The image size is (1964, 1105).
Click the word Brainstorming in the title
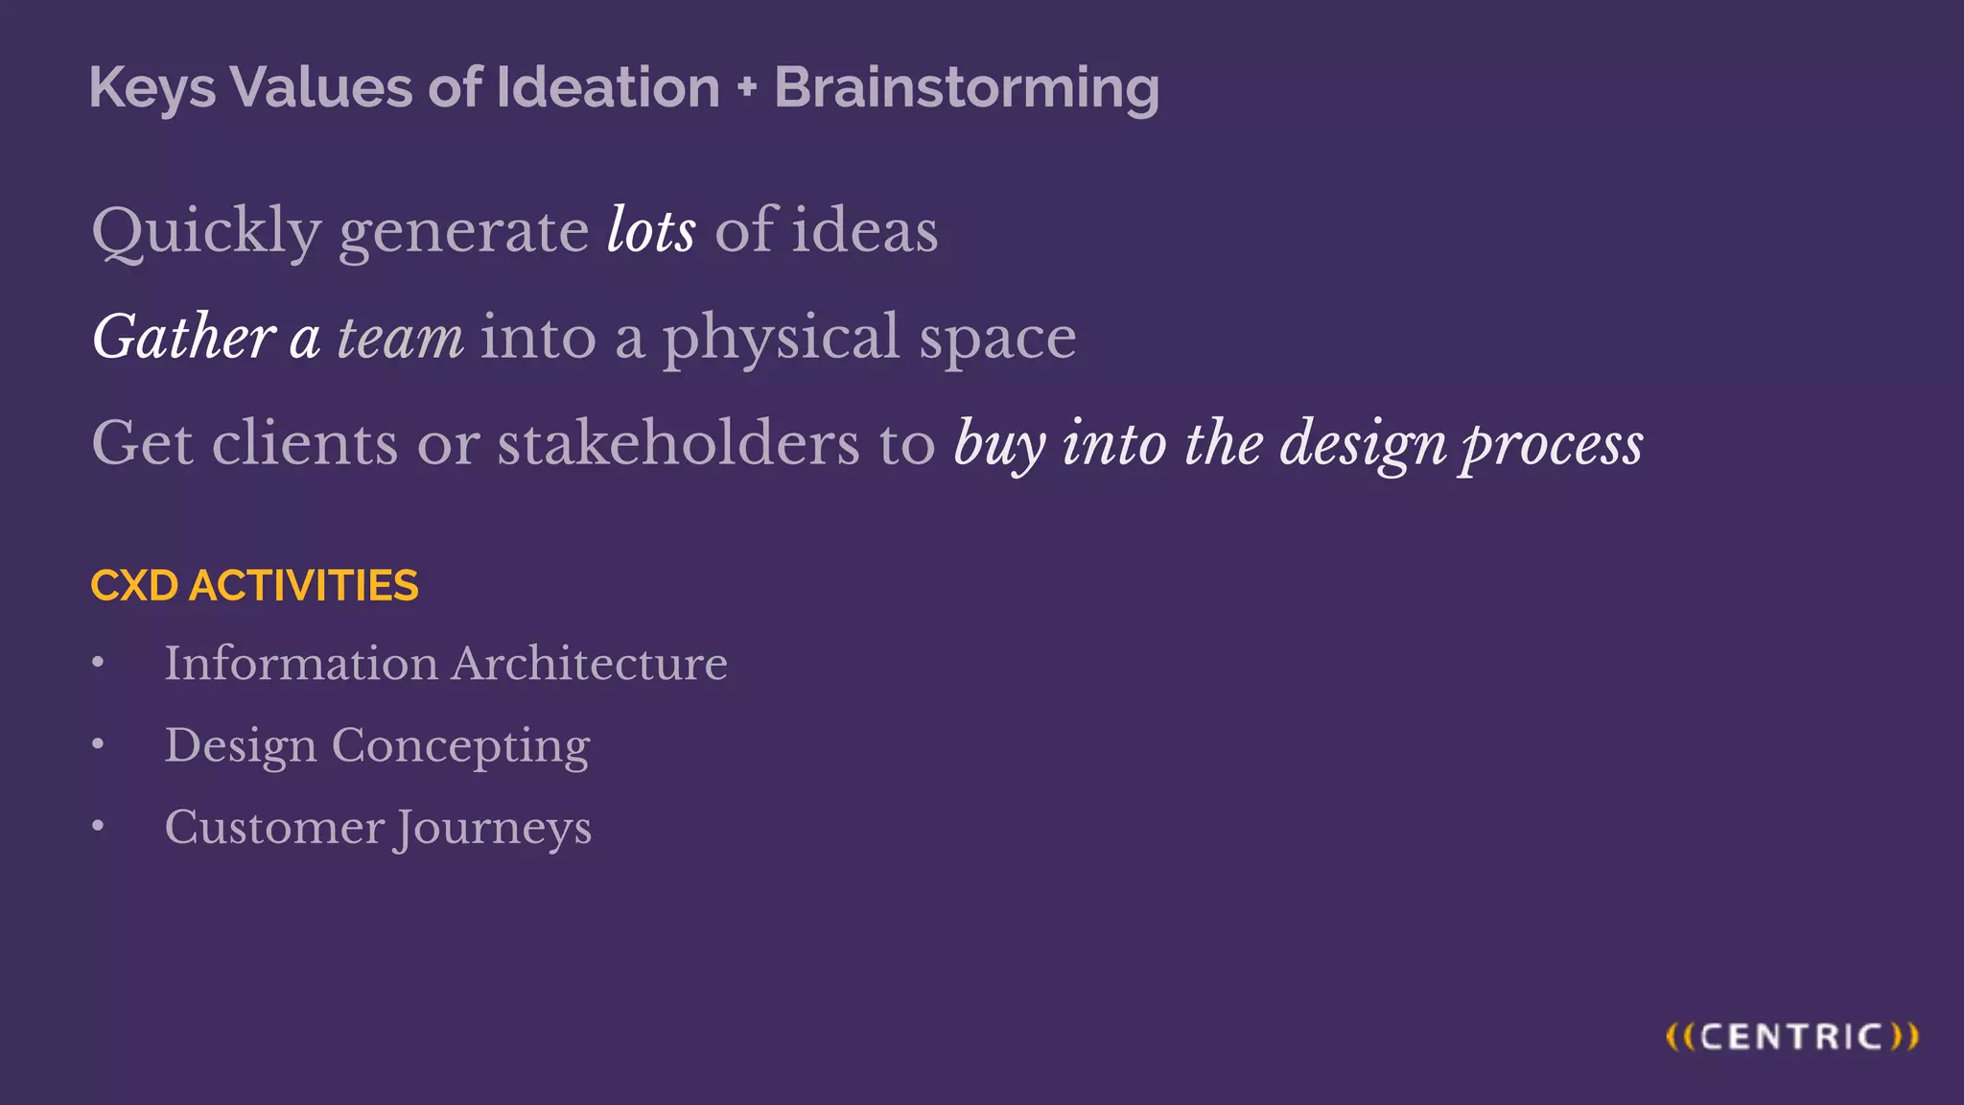[967, 88]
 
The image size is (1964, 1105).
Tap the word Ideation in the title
[608, 87]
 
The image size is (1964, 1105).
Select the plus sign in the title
[747, 88]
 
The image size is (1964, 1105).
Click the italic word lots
[651, 230]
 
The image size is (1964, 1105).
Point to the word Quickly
[206, 232]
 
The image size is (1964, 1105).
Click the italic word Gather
[184, 337]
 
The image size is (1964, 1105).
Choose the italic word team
[400, 338]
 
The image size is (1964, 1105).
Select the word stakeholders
[678, 443]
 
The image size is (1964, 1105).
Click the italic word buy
[999, 445]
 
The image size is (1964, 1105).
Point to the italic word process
[1552, 445]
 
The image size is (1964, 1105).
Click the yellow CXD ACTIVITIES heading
[254, 585]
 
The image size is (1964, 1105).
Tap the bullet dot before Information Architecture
[98, 662]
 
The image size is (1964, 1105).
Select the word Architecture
[590, 663]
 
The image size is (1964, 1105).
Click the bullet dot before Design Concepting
[98, 743]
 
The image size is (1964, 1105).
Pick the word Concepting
[460, 746]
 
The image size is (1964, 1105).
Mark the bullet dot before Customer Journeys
[98, 826]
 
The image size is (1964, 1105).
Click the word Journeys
[494, 829]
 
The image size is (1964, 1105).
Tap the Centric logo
[1791, 1037]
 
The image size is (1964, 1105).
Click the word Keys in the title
[152, 88]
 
